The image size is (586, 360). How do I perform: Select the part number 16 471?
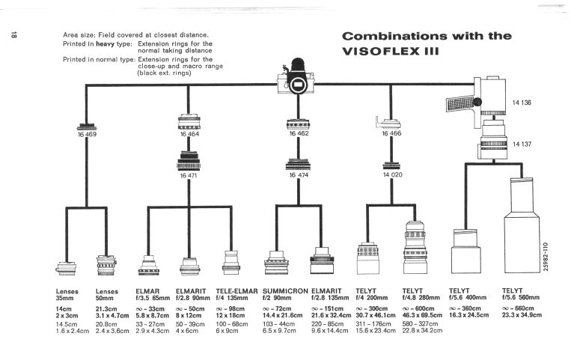click(x=188, y=175)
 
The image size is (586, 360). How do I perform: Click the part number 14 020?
click(x=392, y=175)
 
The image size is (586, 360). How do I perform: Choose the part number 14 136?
click(x=522, y=103)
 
